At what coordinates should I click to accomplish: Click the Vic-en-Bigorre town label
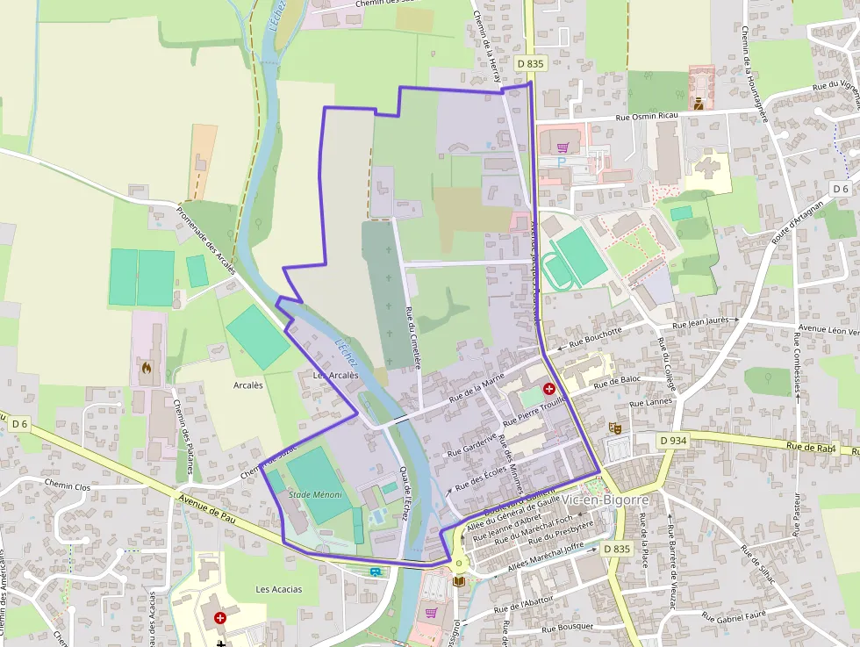point(606,500)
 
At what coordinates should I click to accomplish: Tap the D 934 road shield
point(673,440)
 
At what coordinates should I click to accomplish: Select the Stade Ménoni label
point(315,495)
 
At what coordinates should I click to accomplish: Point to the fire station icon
point(147,368)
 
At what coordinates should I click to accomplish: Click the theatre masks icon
point(616,428)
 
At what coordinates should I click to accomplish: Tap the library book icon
point(457,580)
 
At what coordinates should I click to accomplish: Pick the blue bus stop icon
point(376,572)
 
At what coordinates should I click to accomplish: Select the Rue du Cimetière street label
point(412,336)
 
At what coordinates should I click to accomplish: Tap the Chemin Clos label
point(68,485)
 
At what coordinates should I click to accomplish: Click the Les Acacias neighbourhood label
point(278,589)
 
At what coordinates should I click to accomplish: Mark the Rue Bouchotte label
point(596,333)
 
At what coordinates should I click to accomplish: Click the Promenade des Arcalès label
point(207,241)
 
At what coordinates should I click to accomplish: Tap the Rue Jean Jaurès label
point(703,326)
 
